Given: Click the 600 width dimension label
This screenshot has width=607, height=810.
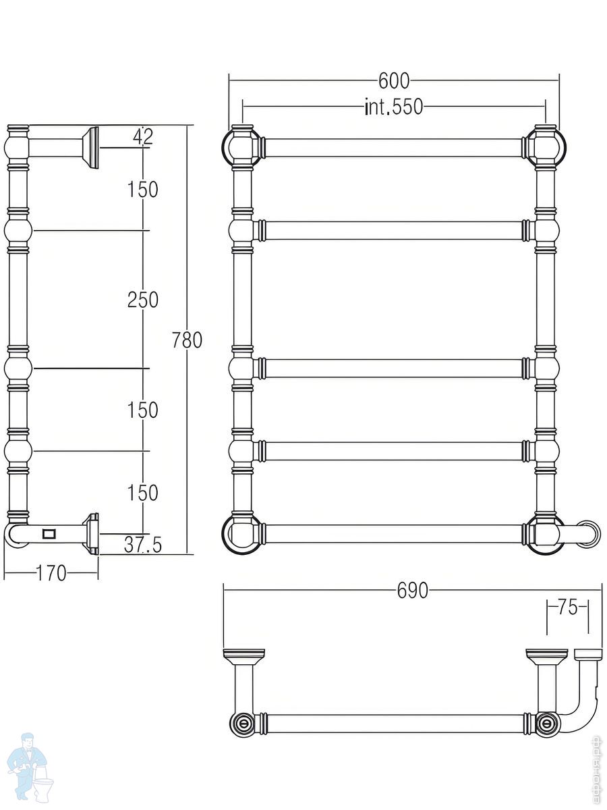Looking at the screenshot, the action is pos(394,81).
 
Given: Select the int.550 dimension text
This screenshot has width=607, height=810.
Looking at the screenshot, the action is pos(394,107).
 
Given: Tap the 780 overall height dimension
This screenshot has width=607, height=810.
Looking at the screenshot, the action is pos(187,340).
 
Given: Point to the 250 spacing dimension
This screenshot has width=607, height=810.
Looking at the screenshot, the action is pos(143,299).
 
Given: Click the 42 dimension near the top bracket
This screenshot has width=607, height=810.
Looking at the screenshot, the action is pos(143,137).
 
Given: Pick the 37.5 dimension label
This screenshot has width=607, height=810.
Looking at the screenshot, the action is pos(142,545).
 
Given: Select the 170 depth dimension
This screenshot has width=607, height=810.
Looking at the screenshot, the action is pos(51,573).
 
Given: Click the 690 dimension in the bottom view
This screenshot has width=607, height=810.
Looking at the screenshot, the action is pos(412,591).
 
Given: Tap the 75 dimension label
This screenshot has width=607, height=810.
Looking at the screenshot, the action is pos(568,607).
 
